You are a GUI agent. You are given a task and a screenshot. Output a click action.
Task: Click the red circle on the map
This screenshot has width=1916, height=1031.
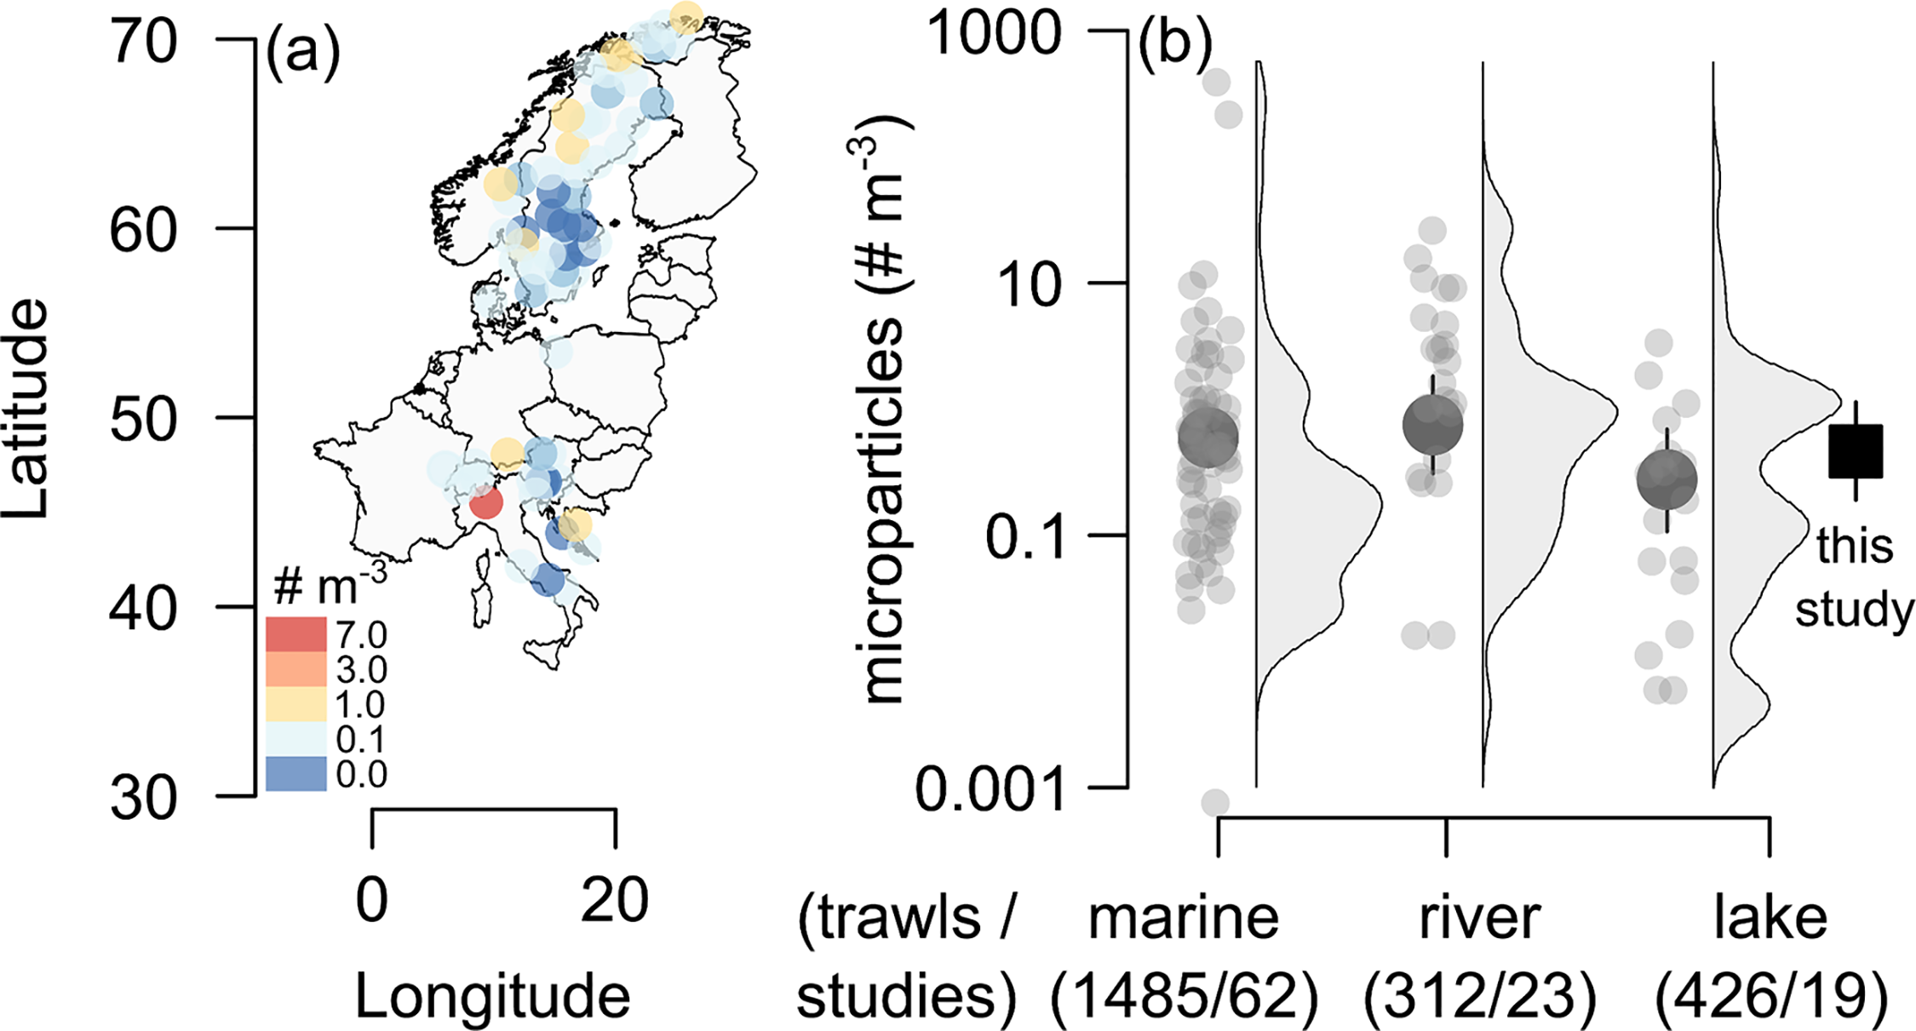click(x=485, y=502)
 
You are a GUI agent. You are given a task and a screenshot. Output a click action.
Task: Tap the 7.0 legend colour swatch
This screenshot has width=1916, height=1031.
click(x=295, y=634)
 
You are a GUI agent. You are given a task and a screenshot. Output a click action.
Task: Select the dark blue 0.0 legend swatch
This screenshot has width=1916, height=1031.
click(x=295, y=774)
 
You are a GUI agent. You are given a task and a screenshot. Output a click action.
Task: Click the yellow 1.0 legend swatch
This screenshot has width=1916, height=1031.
click(x=295, y=704)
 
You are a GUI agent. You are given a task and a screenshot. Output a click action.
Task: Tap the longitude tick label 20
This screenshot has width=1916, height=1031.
click(x=614, y=901)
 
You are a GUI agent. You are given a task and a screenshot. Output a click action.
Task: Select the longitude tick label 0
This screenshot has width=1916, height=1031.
click(x=372, y=901)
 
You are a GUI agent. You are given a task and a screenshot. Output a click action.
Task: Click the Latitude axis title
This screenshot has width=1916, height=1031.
click(x=26, y=409)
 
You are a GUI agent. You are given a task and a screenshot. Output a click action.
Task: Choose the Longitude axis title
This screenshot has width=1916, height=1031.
click(x=492, y=996)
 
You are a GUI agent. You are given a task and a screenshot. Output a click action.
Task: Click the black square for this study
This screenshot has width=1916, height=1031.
click(x=1856, y=451)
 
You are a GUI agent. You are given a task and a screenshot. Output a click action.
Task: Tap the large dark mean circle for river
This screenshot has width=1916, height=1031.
click(x=1432, y=426)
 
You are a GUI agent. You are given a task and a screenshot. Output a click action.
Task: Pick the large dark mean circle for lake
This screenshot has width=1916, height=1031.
click(x=1666, y=480)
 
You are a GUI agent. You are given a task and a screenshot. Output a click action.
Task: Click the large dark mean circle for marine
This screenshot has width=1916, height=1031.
click(x=1208, y=438)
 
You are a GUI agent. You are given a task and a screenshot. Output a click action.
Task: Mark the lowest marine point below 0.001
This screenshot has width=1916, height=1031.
click(x=1215, y=802)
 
